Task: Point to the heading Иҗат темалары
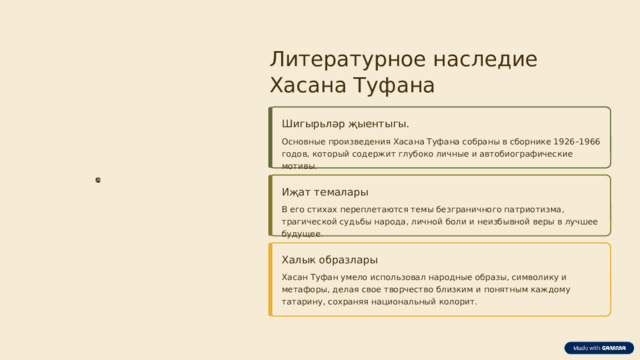coord(325,192)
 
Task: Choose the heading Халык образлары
coord(330,260)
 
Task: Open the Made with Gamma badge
coord(599,347)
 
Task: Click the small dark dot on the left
coord(97,180)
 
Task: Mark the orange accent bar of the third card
coord(270,279)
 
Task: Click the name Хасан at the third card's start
coord(296,277)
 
